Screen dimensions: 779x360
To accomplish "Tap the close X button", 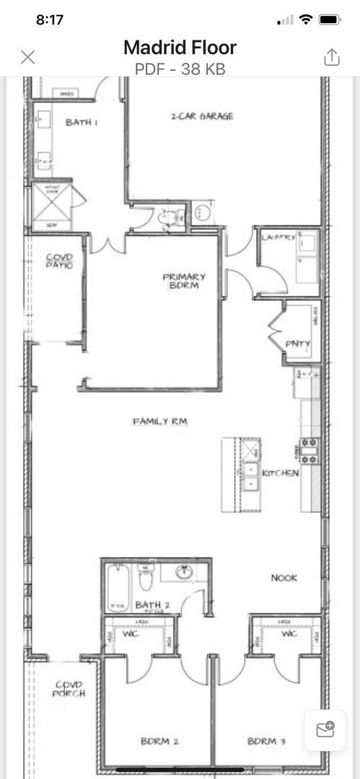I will pyautogui.click(x=28, y=57).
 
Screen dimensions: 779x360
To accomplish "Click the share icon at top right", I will pyautogui.click(x=331, y=57).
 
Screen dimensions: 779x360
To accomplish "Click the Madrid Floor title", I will pyautogui.click(x=180, y=48).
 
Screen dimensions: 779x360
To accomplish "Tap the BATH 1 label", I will pyautogui.click(x=82, y=123).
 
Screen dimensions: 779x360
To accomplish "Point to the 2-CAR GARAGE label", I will pyautogui.click(x=202, y=116).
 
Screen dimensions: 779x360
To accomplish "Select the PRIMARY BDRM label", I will pyautogui.click(x=184, y=281).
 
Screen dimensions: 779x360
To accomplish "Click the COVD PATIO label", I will pyautogui.click(x=60, y=260).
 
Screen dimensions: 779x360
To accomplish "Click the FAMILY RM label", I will pyautogui.click(x=159, y=421).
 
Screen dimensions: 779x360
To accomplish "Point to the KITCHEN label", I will pyautogui.click(x=280, y=473).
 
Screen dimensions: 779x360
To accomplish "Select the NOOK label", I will pyautogui.click(x=284, y=578).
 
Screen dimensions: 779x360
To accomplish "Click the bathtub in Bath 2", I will pyautogui.click(x=117, y=586).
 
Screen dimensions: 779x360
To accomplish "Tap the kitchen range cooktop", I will pyautogui.click(x=309, y=450).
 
